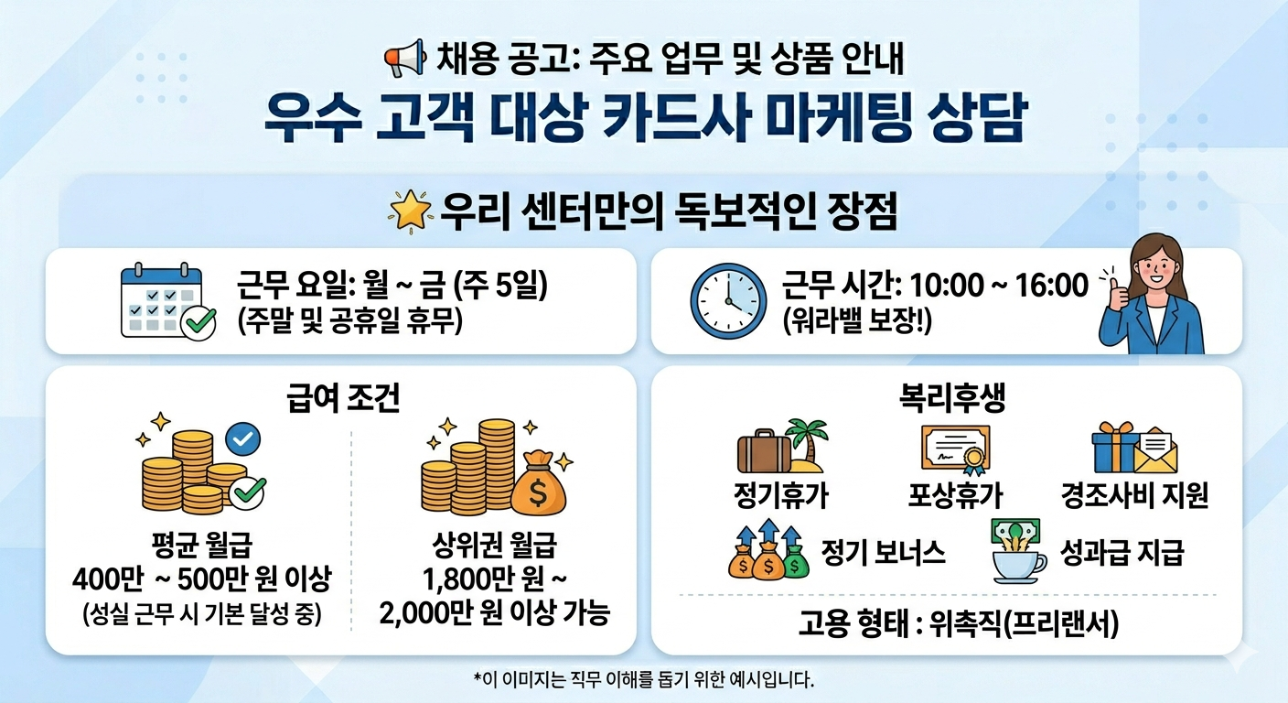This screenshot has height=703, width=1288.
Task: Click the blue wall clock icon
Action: pyautogui.click(x=729, y=300)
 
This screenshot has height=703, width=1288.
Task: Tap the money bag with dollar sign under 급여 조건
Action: pyautogui.click(x=538, y=490)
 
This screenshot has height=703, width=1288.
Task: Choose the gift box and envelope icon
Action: pyautogui.click(x=1134, y=448)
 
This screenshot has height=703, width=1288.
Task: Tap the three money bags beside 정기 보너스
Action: pyautogui.click(x=768, y=551)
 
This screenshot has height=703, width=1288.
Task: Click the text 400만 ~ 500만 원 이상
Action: pyautogui.click(x=201, y=579)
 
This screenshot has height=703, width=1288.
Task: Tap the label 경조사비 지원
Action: pyautogui.click(x=1134, y=496)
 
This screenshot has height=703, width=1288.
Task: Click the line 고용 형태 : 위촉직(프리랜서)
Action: pyautogui.click(x=946, y=625)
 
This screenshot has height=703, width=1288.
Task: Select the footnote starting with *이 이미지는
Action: pyautogui.click(x=643, y=679)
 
